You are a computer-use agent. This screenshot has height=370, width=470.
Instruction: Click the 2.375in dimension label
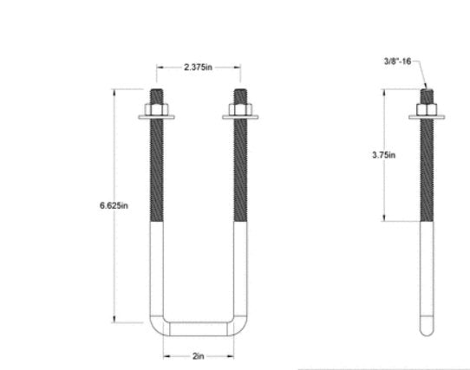(199, 66)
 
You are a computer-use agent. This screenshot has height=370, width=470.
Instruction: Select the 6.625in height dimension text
(114, 205)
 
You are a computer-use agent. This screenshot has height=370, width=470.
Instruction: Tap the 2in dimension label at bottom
(199, 355)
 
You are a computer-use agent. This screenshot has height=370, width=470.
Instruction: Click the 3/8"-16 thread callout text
(398, 62)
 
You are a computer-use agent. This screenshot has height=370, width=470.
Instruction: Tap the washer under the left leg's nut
(156, 117)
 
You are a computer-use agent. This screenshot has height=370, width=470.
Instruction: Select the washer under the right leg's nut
(240, 117)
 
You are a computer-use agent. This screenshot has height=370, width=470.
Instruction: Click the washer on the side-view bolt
(428, 117)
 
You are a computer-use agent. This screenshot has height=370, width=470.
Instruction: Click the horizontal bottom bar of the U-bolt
(199, 329)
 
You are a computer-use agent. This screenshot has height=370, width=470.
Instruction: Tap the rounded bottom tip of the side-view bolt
(428, 332)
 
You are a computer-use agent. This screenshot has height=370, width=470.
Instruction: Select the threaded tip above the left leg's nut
(156, 95)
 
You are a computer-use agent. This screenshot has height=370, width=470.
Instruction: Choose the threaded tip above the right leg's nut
(240, 95)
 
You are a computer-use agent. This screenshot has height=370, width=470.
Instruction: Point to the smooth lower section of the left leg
(156, 269)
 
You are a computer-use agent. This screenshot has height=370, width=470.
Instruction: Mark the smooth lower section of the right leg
(240, 269)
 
